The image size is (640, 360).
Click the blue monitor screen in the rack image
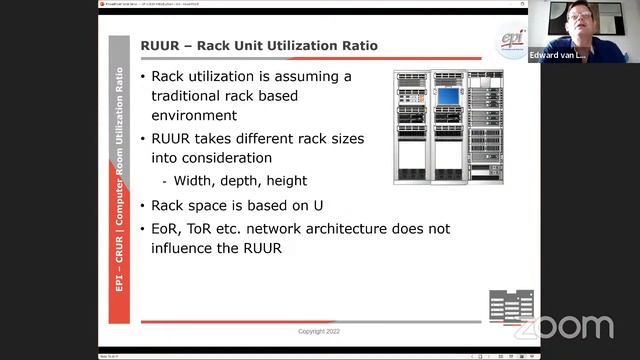pos(448,97)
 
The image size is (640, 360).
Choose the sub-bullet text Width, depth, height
pos(240,181)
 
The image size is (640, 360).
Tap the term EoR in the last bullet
pos(167,228)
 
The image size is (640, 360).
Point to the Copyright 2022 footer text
pos(325,331)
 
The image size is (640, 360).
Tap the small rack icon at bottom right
pos(510,306)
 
